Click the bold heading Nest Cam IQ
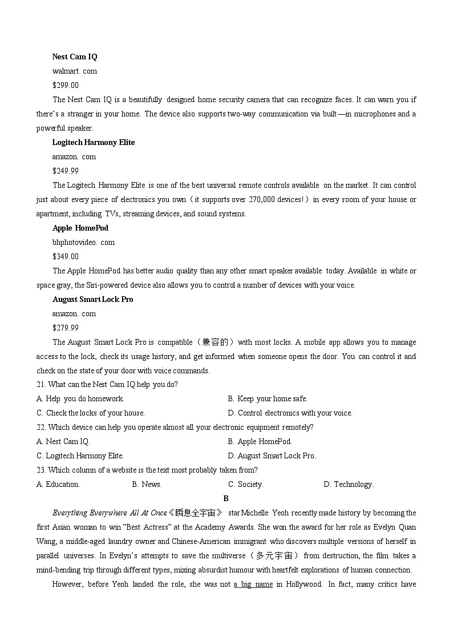click(75, 57)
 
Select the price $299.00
click(66, 86)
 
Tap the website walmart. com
click(75, 71)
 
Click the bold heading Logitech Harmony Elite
click(94, 143)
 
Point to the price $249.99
click(66, 171)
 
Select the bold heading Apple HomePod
click(80, 228)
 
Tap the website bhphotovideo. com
click(83, 243)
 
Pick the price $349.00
click(66, 257)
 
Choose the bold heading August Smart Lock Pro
click(93, 300)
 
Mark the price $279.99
click(66, 328)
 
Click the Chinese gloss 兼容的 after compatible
click(215, 342)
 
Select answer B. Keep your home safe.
click(268, 399)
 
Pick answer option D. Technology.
click(349, 485)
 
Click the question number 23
click(41, 470)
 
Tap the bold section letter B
click(226, 498)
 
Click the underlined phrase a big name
click(253, 584)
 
